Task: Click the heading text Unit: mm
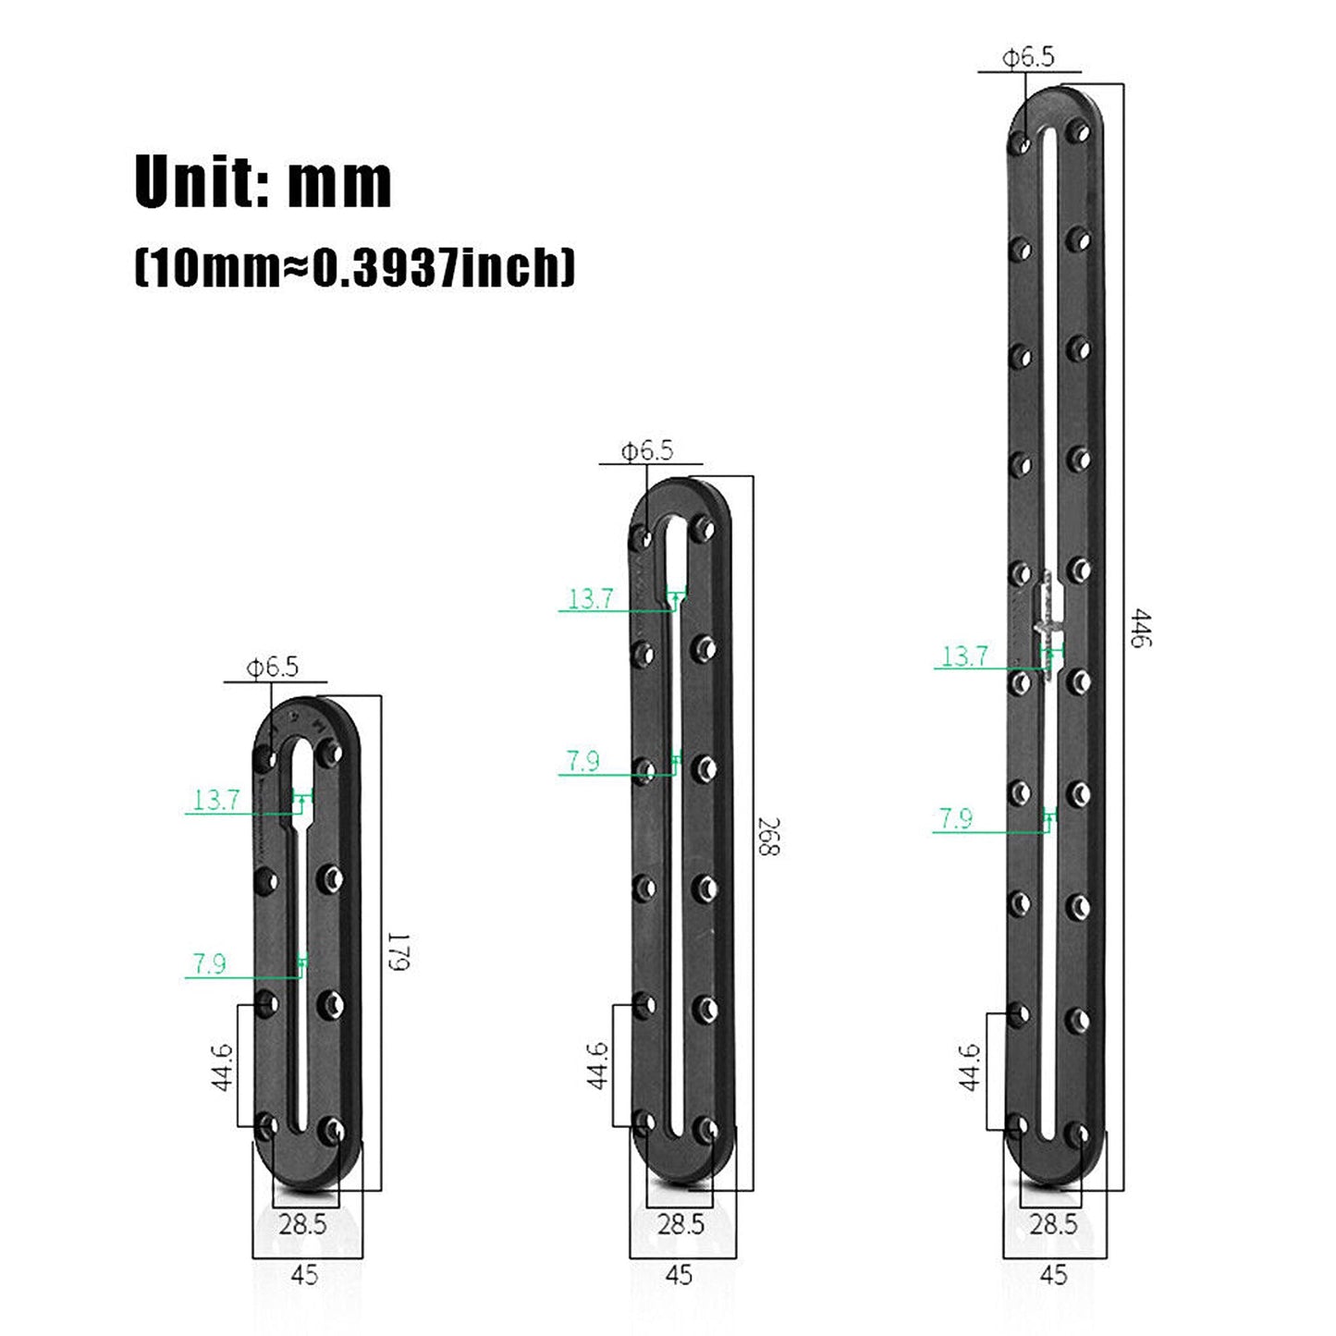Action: click(x=264, y=182)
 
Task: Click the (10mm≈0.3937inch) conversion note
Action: click(x=355, y=268)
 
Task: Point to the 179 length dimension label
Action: click(x=398, y=951)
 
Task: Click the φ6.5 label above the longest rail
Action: click(x=1028, y=57)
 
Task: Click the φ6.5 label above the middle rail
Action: click(x=647, y=451)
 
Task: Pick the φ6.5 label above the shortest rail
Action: click(x=272, y=668)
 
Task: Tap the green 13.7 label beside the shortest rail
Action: click(x=216, y=800)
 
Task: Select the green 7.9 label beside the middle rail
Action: click(x=582, y=761)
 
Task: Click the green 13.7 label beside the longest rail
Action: click(x=964, y=656)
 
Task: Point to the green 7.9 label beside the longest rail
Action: click(x=956, y=818)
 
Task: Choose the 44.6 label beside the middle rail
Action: click(x=597, y=1065)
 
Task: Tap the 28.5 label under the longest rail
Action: click(x=1053, y=1224)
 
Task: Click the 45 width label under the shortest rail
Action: click(x=304, y=1275)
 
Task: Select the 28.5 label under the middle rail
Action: click(x=680, y=1224)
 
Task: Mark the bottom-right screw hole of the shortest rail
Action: click(x=332, y=1129)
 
